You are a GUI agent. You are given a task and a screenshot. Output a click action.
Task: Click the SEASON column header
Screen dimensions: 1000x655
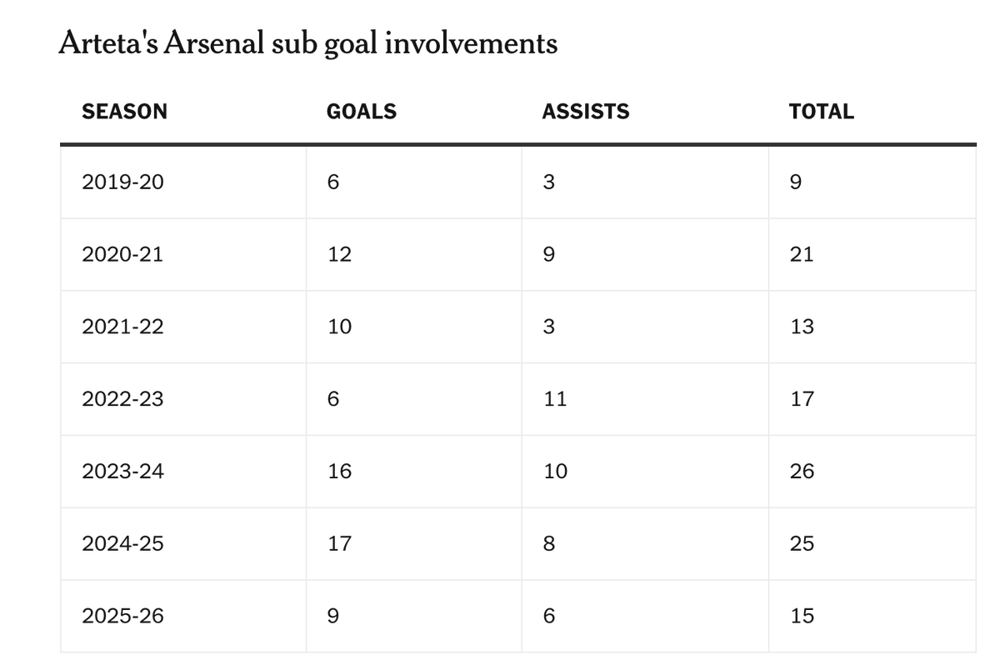pyautogui.click(x=124, y=111)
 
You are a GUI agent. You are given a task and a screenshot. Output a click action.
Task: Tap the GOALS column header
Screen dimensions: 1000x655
pyautogui.click(x=362, y=111)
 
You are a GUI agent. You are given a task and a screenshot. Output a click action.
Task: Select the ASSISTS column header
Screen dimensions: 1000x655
pyautogui.click(x=586, y=111)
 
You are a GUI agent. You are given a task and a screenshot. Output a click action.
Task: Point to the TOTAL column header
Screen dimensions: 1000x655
pyautogui.click(x=822, y=111)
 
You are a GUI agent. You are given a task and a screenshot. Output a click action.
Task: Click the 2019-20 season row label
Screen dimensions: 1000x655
pyautogui.click(x=122, y=182)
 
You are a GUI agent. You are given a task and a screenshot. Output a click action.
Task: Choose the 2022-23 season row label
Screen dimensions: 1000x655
pyautogui.click(x=122, y=398)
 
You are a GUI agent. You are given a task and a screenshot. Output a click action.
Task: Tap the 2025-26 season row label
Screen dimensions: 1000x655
pyautogui.click(x=122, y=616)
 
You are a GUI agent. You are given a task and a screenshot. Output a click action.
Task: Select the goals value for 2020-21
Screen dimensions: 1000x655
pyautogui.click(x=340, y=254)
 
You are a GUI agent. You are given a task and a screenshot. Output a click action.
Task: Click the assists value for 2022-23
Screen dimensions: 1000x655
pyautogui.click(x=555, y=398)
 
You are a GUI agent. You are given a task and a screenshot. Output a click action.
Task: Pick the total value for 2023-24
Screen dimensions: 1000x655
pyautogui.click(x=802, y=471)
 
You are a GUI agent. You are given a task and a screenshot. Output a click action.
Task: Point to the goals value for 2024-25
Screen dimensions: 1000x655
pyautogui.click(x=340, y=543)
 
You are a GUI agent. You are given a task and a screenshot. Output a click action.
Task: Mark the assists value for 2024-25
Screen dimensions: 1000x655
pyautogui.click(x=549, y=543)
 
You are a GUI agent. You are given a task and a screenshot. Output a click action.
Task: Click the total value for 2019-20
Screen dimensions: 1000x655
pyautogui.click(x=796, y=182)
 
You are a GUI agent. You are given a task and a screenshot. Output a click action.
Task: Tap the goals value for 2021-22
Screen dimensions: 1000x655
pyautogui.click(x=340, y=327)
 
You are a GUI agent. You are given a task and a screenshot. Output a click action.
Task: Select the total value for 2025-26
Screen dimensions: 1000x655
pyautogui.click(x=802, y=616)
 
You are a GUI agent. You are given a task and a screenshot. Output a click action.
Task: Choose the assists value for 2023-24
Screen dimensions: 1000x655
pyautogui.click(x=555, y=471)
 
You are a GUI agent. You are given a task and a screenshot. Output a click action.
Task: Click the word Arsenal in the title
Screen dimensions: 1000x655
pyautogui.click(x=214, y=43)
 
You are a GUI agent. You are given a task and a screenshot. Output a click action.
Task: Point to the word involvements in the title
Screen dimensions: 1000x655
pyautogui.click(x=471, y=43)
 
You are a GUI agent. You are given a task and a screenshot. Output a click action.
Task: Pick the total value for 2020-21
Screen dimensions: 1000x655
pyautogui.click(x=802, y=254)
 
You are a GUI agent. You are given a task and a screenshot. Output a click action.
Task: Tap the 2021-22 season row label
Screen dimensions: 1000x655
pyautogui.click(x=122, y=327)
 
